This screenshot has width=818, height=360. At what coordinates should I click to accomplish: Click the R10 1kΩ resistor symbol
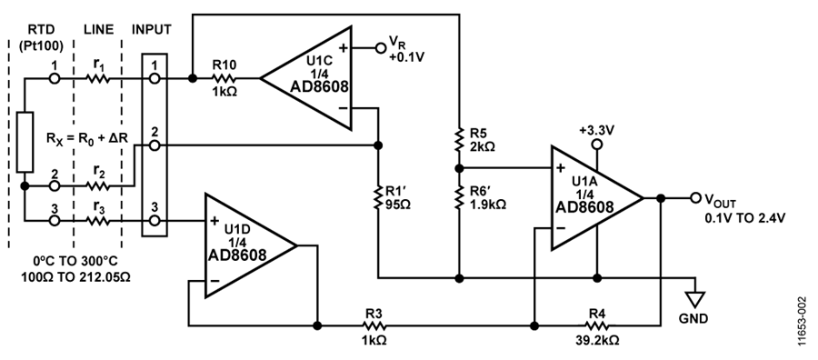(x=224, y=78)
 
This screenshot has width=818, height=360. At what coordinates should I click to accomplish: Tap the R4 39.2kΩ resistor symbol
(x=596, y=323)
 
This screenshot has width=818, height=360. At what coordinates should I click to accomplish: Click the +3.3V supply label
(x=596, y=130)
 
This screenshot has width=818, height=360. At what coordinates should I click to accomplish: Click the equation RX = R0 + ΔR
(x=86, y=142)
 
